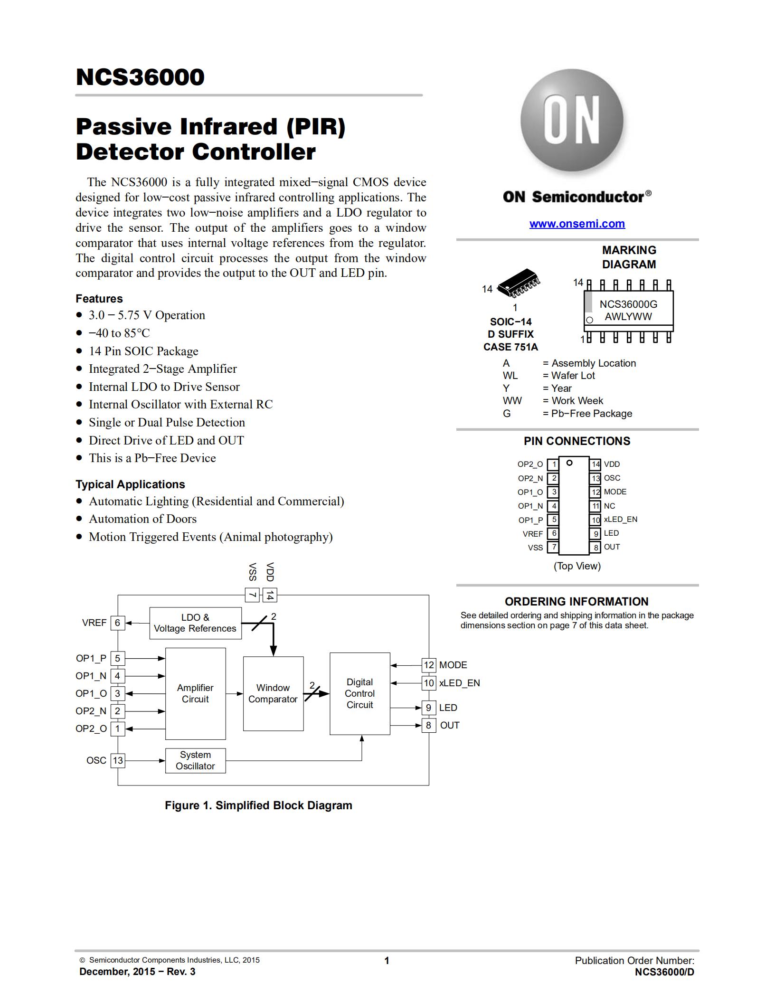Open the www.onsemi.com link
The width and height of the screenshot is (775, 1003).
(x=577, y=224)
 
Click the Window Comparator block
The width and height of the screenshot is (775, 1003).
(x=273, y=693)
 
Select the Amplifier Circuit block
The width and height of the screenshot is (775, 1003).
(x=195, y=693)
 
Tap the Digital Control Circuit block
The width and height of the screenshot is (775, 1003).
(x=360, y=693)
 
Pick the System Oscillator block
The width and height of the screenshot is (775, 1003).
(x=195, y=760)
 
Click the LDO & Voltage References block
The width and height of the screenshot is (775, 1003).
(x=195, y=623)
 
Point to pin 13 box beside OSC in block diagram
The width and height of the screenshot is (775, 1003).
(x=118, y=760)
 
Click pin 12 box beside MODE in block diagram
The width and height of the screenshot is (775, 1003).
(x=429, y=665)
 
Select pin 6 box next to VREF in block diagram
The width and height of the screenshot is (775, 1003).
(x=118, y=623)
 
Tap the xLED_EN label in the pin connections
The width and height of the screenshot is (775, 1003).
(x=620, y=520)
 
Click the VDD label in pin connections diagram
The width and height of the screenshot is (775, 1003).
(x=612, y=464)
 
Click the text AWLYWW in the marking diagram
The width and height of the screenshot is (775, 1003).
(x=628, y=317)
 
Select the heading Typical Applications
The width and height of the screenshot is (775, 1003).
(x=130, y=484)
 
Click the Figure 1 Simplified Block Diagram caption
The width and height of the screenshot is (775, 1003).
(x=258, y=805)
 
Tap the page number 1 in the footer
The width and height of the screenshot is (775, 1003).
(x=387, y=961)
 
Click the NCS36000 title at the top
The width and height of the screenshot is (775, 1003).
(x=140, y=77)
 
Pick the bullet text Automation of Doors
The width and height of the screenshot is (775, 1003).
(x=142, y=519)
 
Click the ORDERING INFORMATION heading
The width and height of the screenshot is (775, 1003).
(x=577, y=602)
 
